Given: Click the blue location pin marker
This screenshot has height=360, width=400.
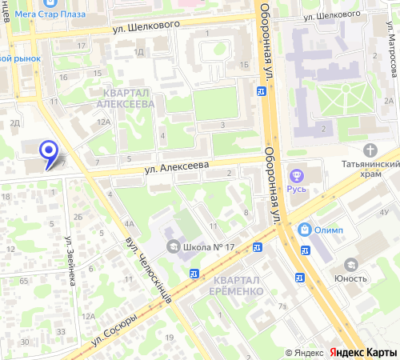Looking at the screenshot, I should [49, 152].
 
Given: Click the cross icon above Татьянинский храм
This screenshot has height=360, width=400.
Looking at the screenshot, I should [370, 150].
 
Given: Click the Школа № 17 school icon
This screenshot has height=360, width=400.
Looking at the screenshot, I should [173, 246].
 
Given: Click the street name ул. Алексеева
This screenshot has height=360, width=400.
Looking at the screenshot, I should [176, 166].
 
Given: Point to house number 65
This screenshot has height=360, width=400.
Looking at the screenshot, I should [25, 282].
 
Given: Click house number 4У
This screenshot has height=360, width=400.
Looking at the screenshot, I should [385, 212].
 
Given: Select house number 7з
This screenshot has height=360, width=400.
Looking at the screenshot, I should [282, 306].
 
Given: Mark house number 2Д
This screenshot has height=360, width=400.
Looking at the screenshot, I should [14, 123].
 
